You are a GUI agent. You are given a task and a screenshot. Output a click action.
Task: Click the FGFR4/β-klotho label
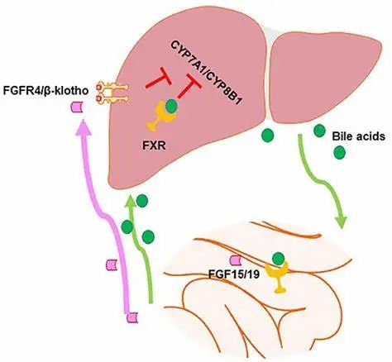(45, 91)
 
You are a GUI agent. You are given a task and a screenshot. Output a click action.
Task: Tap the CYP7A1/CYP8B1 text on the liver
(206, 73)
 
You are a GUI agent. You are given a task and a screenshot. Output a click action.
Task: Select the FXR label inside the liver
(154, 145)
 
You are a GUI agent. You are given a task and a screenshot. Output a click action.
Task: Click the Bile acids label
(358, 136)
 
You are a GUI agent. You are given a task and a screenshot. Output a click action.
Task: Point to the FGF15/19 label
(234, 274)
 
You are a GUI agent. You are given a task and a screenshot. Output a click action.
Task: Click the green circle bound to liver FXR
(171, 107)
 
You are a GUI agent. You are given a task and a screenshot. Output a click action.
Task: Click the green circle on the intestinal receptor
(278, 259)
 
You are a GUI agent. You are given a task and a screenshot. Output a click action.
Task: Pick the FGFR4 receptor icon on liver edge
(112, 93)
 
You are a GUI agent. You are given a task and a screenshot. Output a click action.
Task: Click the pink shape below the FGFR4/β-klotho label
(78, 107)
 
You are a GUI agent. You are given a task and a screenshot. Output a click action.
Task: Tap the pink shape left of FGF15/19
(237, 260)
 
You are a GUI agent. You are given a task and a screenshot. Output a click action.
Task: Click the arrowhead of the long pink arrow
(84, 127)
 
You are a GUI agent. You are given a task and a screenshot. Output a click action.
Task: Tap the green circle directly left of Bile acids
(320, 131)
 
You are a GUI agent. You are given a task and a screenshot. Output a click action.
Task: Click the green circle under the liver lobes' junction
(268, 136)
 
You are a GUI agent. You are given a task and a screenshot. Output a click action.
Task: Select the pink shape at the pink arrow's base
(132, 317)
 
